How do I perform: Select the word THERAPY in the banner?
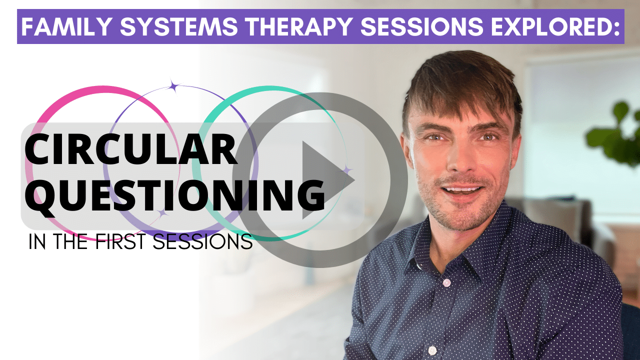(299, 26)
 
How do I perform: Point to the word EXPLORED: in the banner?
(555, 26)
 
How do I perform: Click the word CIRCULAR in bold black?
(131, 149)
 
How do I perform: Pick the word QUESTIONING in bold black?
(175, 195)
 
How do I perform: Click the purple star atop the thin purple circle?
(173, 86)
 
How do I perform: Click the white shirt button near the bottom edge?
(432, 350)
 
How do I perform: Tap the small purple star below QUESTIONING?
(162, 213)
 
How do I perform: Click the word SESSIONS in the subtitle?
(202, 241)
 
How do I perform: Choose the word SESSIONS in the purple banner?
(422, 26)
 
